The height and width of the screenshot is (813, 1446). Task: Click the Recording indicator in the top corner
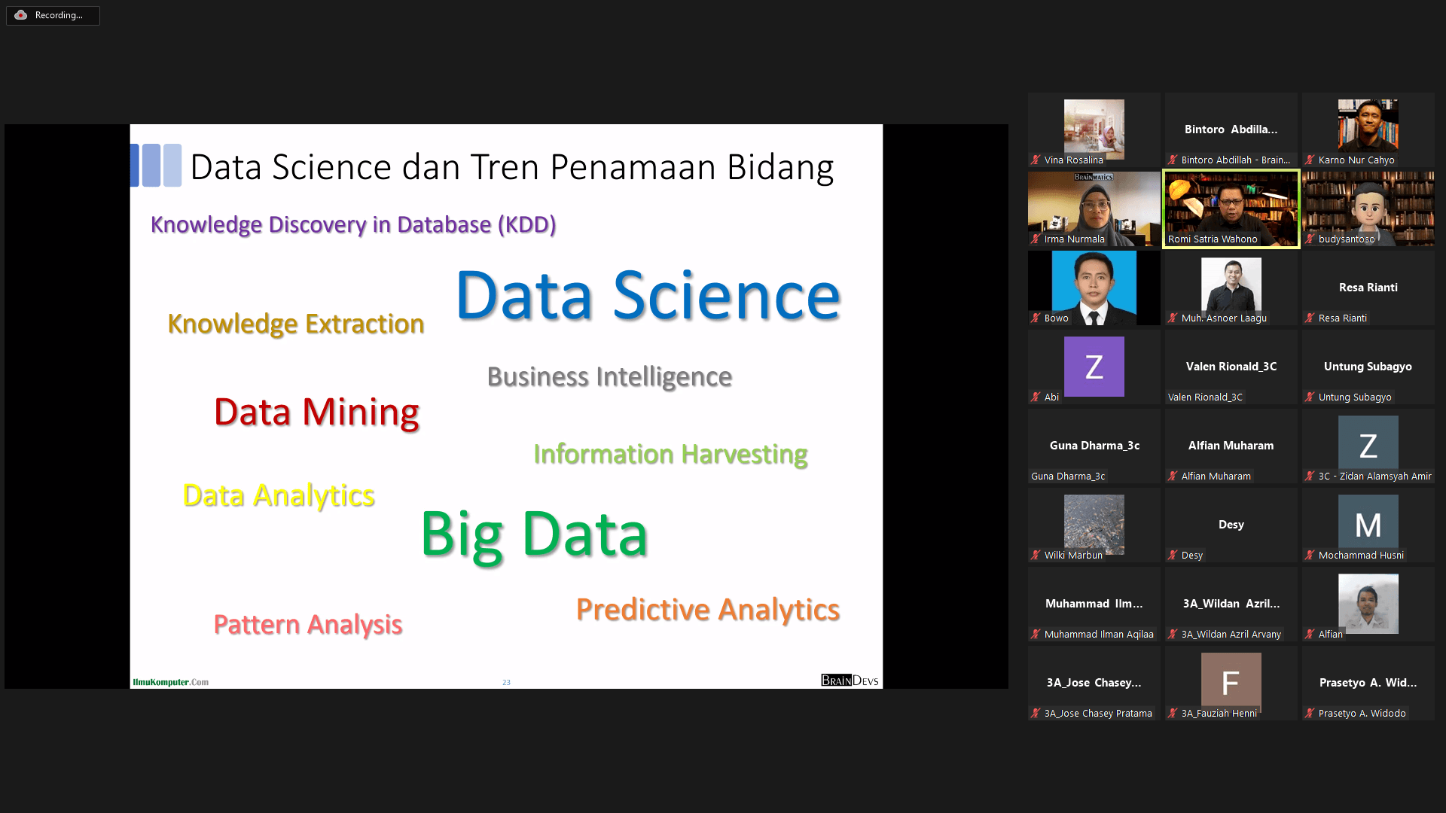pyautogui.click(x=53, y=15)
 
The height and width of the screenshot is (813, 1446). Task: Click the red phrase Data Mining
pyautogui.click(x=316, y=413)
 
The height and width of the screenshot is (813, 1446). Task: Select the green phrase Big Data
pyautogui.click(x=534, y=534)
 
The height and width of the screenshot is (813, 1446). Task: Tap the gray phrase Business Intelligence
pyautogui.click(x=609, y=376)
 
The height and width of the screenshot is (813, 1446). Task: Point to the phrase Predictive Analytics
pyautogui.click(x=708, y=610)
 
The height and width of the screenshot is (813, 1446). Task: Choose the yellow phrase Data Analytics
pyautogui.click(x=279, y=496)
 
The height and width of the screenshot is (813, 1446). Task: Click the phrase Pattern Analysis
pyautogui.click(x=308, y=625)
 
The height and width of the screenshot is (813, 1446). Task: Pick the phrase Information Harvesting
pyautogui.click(x=670, y=455)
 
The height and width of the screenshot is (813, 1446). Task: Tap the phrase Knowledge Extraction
pyautogui.click(x=296, y=324)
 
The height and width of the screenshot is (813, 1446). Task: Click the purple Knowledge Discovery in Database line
pyautogui.click(x=353, y=224)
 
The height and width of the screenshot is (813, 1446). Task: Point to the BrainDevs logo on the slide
pyautogui.click(x=850, y=681)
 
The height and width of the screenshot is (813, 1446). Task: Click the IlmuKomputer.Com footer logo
pyautogui.click(x=171, y=682)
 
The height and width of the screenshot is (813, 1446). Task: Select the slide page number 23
pyautogui.click(x=506, y=683)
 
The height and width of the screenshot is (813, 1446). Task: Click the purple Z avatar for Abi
pyautogui.click(x=1094, y=367)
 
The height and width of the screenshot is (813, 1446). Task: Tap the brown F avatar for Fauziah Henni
pyautogui.click(x=1231, y=683)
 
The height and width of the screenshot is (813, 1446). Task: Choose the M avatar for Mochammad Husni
pyautogui.click(x=1368, y=525)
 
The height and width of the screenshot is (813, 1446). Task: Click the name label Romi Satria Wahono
pyautogui.click(x=1213, y=239)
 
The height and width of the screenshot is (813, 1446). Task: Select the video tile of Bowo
pyautogui.click(x=1094, y=288)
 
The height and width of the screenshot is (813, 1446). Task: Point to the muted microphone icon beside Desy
pyautogui.click(x=1173, y=556)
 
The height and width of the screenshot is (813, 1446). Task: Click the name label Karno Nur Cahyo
pyautogui.click(x=1356, y=160)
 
